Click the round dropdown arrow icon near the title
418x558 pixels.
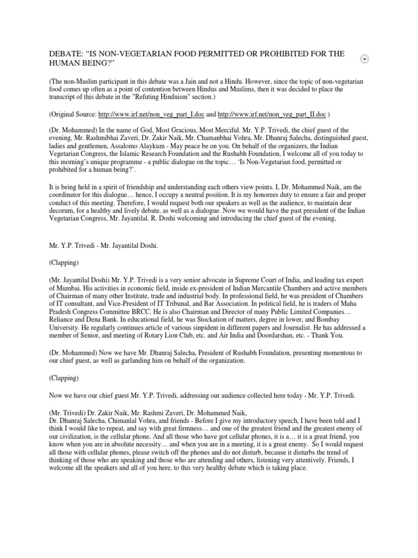[365, 59]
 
